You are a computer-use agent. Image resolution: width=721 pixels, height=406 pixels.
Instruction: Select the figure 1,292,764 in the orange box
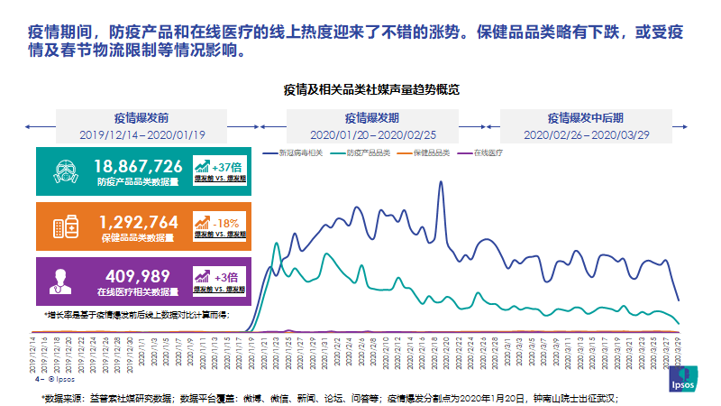point(141,221)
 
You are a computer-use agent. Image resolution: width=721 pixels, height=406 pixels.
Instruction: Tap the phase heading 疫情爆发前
point(141,118)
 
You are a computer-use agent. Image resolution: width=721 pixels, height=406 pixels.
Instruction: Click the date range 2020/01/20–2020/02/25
point(371,134)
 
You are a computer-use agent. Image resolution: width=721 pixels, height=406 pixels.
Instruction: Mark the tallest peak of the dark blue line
point(441,183)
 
